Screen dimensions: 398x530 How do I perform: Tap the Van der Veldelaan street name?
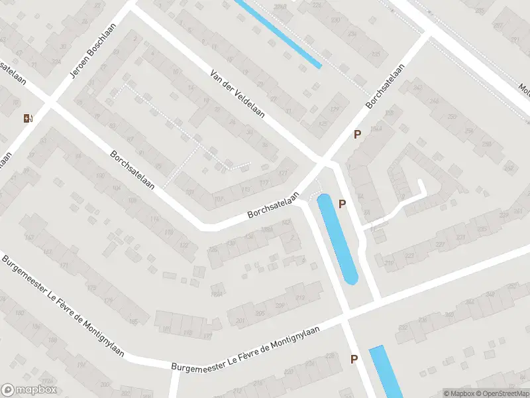tap(238, 94)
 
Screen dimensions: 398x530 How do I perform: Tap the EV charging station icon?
tap(28, 119)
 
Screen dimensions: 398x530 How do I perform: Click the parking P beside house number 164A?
tap(357, 135)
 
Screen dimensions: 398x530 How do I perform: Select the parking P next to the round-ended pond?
tap(342, 204)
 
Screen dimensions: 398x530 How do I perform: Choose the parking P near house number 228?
tap(354, 360)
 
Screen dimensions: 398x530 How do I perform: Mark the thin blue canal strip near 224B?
tap(278, 33)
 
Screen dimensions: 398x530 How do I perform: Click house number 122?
tap(183, 245)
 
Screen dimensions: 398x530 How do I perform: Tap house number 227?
tap(441, 243)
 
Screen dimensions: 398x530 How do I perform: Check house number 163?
tap(28, 237)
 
